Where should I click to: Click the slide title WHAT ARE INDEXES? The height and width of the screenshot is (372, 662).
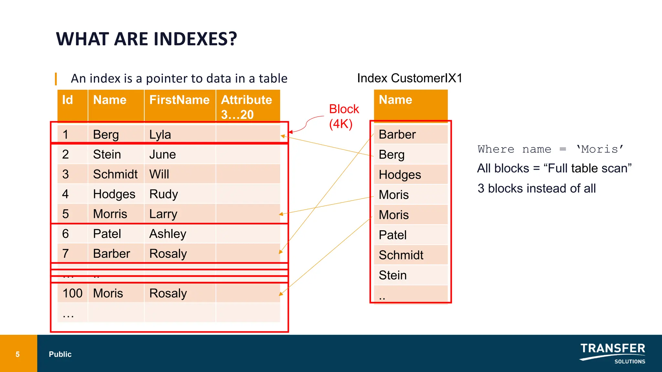[x=146, y=39]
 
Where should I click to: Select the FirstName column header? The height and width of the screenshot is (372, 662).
[x=179, y=100]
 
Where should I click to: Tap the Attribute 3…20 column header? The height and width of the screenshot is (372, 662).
[x=247, y=107]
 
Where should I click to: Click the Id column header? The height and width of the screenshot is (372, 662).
[x=68, y=100]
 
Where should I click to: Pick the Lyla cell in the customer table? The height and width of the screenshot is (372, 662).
[x=160, y=135]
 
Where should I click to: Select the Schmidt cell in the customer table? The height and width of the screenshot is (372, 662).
[x=115, y=174]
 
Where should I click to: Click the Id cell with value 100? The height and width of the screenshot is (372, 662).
[x=72, y=293]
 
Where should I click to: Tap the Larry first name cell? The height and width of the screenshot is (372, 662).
[x=163, y=214]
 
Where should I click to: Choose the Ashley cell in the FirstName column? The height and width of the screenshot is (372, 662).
[x=168, y=234]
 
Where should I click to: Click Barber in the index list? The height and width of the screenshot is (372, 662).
[x=397, y=135]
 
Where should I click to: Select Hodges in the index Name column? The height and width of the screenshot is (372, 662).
[x=400, y=175]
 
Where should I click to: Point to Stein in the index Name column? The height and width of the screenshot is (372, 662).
[x=393, y=275]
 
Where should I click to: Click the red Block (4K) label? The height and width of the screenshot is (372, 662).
[x=344, y=117]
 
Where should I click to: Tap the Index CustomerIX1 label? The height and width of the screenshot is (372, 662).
[x=410, y=78]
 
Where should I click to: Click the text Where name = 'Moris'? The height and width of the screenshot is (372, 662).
[x=550, y=149]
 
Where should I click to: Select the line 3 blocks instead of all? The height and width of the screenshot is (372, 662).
[x=537, y=188]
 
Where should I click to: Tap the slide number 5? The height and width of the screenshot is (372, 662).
[x=18, y=354]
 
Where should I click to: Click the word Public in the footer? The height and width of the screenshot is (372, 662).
[x=60, y=354]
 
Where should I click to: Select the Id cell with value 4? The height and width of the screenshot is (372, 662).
[x=66, y=194]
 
